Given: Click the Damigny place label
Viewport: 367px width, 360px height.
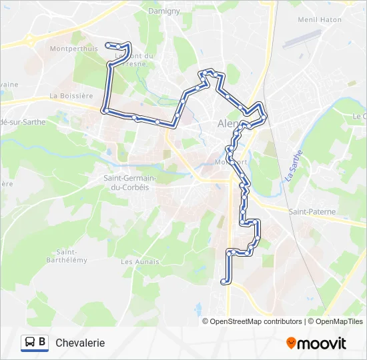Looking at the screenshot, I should [x=164, y=11].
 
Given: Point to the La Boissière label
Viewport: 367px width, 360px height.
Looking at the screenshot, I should [x=71, y=96].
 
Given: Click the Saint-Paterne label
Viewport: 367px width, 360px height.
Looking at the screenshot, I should [x=312, y=211].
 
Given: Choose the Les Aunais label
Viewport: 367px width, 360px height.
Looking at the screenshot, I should [x=140, y=262].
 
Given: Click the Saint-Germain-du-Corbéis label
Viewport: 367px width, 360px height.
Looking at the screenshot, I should [x=130, y=183].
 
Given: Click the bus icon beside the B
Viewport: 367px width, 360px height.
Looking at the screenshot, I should [x=31, y=343].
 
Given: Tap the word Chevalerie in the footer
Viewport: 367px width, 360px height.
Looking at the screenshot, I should [x=80, y=343].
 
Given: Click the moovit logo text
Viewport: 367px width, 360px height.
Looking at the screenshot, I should [x=322, y=343].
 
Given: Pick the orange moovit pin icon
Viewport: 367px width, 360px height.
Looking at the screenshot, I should [x=292, y=343].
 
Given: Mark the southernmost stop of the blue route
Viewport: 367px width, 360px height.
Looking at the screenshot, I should [x=224, y=282].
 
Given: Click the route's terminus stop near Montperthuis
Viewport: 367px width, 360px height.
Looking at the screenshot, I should [x=108, y=45].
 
